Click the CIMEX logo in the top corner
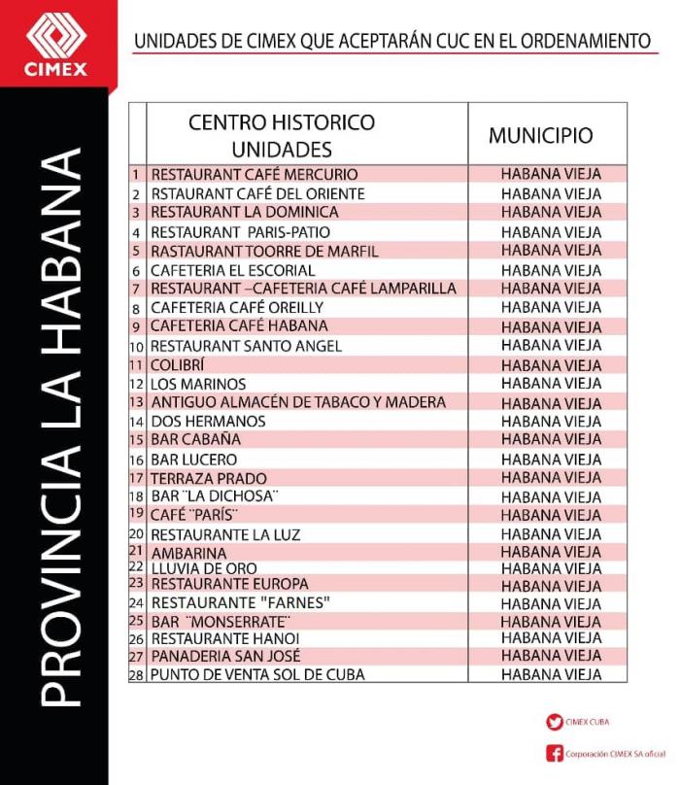click(x=56, y=43)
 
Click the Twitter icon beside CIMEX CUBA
click(x=555, y=722)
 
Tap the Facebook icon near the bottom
click(x=555, y=753)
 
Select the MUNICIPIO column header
click(x=540, y=135)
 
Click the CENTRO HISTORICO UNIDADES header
click(x=282, y=135)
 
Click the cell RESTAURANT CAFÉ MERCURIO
click(x=255, y=175)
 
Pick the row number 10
click(x=136, y=346)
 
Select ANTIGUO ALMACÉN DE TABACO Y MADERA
click(x=298, y=402)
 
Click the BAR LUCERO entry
click(x=194, y=459)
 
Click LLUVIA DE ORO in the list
click(x=204, y=567)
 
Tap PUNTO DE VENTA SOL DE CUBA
click(x=257, y=674)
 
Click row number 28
click(x=136, y=674)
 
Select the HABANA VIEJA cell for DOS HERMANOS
click(x=551, y=422)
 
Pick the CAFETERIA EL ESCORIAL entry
click(x=232, y=270)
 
